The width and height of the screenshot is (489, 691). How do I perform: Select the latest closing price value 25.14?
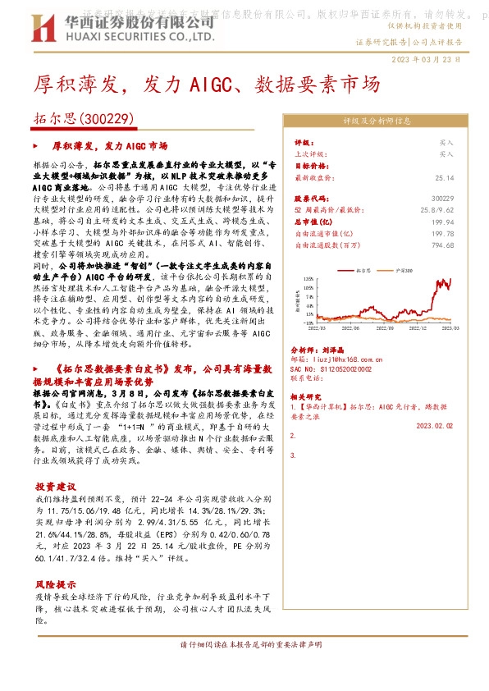[444, 176]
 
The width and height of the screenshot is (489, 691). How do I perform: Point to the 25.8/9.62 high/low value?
[437, 210]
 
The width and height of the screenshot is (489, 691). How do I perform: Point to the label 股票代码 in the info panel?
[311, 199]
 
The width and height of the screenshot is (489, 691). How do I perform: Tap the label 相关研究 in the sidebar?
[308, 396]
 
